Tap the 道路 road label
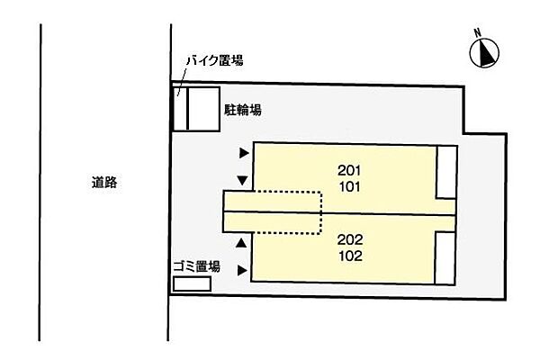point(103,182)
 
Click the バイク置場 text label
point(214,60)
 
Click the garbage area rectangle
point(193,283)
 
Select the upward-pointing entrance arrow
point(241,243)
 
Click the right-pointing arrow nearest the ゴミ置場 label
point(242,268)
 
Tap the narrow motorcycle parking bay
point(179,109)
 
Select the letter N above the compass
point(480,35)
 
